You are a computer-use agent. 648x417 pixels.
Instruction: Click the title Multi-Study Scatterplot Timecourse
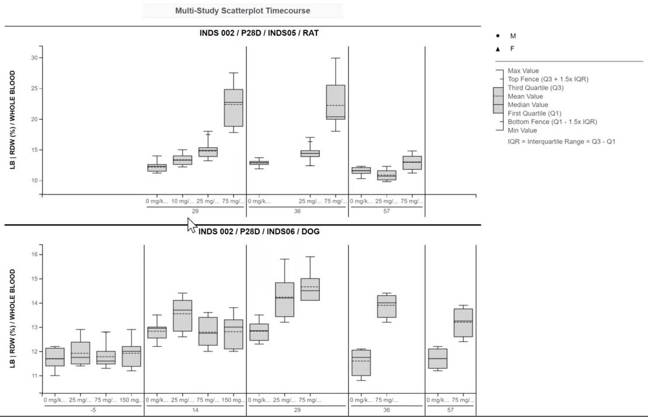click(x=242, y=11)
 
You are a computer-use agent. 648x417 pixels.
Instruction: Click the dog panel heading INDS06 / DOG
click(x=259, y=231)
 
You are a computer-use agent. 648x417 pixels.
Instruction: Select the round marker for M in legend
click(x=498, y=36)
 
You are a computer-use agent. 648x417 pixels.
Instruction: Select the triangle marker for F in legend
click(x=498, y=49)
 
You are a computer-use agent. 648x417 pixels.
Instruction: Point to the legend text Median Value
click(x=528, y=105)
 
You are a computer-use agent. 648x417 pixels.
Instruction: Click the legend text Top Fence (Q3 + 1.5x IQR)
click(x=548, y=79)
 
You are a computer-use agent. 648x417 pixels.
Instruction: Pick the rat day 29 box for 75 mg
click(x=234, y=108)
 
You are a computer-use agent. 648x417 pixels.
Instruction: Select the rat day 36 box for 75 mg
click(x=336, y=102)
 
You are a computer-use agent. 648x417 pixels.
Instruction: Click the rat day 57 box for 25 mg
click(x=386, y=175)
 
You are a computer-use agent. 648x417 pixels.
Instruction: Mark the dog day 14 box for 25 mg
click(x=183, y=315)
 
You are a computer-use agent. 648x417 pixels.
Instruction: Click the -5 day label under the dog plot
click(x=93, y=410)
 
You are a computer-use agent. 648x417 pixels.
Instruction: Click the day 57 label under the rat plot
click(x=386, y=211)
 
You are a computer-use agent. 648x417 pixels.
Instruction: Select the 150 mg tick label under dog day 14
click(x=234, y=400)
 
